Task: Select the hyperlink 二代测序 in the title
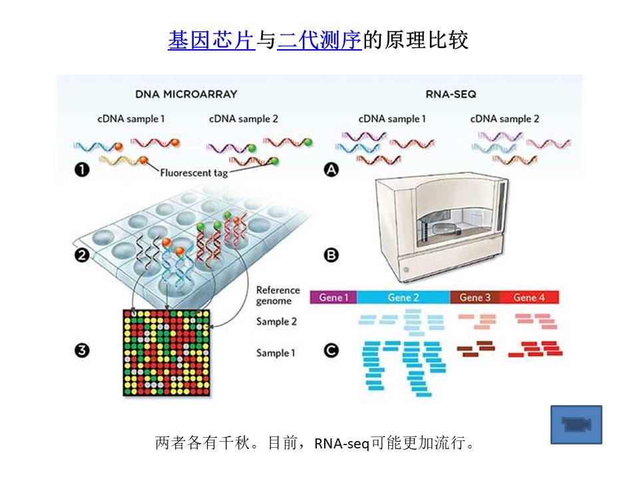point(319,41)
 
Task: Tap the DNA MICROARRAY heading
point(186,94)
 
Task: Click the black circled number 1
point(82,171)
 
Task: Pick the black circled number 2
point(82,255)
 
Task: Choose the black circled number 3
point(82,352)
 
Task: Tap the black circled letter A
point(331,171)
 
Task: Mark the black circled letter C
point(331,352)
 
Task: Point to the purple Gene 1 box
point(333,297)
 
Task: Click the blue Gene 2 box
point(403,297)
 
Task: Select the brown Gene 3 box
point(475,297)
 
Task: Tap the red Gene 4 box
point(529,297)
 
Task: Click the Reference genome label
point(278,295)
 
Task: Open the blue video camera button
point(576,424)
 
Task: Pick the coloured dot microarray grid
point(168,353)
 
